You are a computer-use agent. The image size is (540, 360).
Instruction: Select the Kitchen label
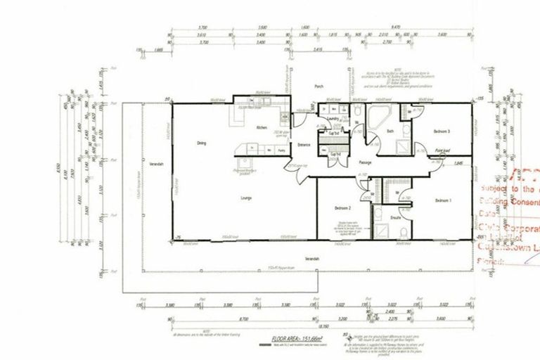(x=260, y=127)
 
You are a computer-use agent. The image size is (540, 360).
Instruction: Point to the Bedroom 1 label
(x=443, y=201)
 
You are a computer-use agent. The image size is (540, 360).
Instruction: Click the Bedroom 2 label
(x=341, y=209)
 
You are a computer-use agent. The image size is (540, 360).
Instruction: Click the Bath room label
(x=390, y=131)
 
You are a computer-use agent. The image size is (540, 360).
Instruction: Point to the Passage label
(x=364, y=162)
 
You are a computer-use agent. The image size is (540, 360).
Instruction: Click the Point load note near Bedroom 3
(x=442, y=150)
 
